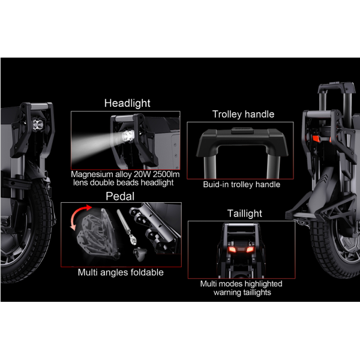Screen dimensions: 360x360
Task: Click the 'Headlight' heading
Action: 127,103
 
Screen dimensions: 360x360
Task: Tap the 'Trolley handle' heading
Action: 243,114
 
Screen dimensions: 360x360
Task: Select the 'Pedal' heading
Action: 120,196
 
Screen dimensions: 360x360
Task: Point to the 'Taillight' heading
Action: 245,214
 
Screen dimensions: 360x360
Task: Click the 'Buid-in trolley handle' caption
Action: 242,184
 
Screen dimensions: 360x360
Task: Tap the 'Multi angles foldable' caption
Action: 121,272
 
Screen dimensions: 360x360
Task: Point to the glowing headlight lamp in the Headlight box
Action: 128,136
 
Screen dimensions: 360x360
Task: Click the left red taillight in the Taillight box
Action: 232,250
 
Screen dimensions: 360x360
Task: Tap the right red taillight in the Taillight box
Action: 250,249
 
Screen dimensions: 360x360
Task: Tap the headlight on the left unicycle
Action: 38,125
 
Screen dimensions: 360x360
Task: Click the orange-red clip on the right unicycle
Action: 316,138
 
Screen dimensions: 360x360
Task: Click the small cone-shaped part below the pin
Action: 140,254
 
